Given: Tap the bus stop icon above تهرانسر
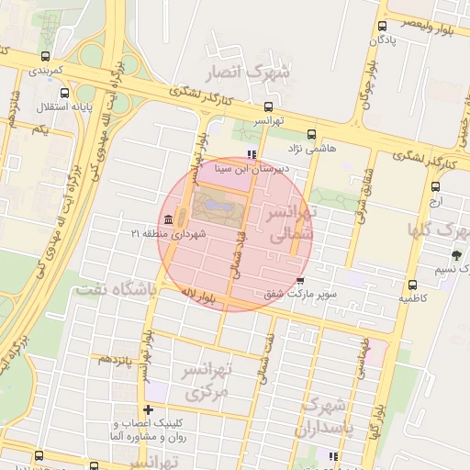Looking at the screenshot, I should click(268, 106).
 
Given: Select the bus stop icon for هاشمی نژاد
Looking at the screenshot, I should click(311, 133).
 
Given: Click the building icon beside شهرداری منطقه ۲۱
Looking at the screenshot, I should click(169, 220).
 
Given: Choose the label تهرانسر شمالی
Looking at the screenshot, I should click(290, 223).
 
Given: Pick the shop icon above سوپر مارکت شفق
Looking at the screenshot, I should click(300, 281).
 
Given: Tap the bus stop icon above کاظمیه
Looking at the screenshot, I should click(412, 285).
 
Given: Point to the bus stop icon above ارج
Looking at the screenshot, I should click(435, 185).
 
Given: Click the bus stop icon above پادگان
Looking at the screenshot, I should click(381, 27).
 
